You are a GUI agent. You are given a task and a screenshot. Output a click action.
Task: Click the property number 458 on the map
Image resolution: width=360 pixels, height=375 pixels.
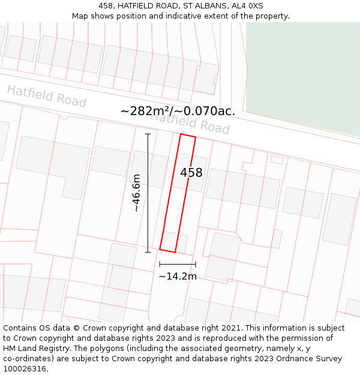[x=191, y=173]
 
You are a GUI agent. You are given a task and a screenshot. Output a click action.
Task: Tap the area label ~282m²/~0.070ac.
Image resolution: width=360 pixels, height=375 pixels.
[x=178, y=111]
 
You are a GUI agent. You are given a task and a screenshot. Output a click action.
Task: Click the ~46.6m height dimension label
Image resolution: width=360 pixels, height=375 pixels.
[x=137, y=193]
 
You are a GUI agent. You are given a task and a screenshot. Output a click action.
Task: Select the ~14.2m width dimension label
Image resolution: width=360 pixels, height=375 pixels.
[x=178, y=277]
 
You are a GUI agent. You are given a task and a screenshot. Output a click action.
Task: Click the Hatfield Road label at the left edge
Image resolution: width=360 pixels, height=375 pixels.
[x=46, y=96]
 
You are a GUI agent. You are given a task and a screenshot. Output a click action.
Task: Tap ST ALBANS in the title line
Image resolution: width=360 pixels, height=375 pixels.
[x=202, y=6]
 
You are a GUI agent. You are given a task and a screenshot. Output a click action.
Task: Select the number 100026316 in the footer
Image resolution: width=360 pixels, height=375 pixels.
[x=25, y=369]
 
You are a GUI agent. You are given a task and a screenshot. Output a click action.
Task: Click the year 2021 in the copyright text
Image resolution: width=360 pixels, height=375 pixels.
[x=230, y=328]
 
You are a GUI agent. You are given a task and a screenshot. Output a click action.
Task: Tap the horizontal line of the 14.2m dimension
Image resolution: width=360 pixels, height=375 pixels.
[x=178, y=264]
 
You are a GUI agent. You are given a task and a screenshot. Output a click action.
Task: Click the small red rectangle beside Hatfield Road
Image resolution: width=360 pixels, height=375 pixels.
[x=277, y=160]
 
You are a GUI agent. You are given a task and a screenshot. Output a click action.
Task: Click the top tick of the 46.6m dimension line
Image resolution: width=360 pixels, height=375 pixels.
[x=148, y=134]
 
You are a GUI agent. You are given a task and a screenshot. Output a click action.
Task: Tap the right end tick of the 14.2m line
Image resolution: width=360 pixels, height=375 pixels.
[x=196, y=264]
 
